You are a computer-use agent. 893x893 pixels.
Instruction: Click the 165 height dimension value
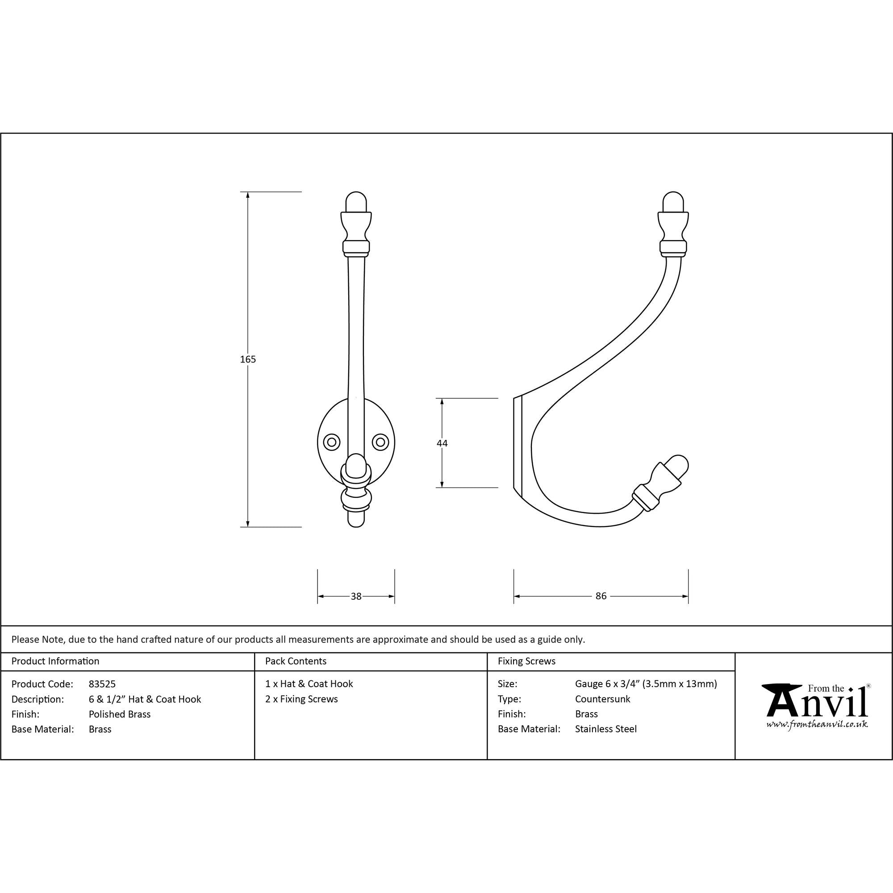[248, 359]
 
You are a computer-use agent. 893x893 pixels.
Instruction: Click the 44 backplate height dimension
[442, 443]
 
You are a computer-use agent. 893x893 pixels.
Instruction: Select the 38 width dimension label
[356, 596]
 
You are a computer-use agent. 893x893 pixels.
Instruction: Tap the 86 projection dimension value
[601, 596]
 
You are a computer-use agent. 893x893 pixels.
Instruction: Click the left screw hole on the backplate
[331, 442]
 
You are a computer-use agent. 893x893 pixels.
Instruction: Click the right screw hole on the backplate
[380, 442]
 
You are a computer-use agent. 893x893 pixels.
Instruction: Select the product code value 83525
[102, 684]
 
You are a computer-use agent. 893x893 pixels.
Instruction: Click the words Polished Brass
[120, 714]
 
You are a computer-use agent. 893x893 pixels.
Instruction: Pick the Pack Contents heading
[296, 661]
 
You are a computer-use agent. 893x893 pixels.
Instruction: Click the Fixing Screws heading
[526, 661]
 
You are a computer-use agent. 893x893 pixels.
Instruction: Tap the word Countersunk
[602, 699]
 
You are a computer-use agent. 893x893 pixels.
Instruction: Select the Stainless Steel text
[605, 729]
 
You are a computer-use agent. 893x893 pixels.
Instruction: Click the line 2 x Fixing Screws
[301, 699]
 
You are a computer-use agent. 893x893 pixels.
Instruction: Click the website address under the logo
[817, 724]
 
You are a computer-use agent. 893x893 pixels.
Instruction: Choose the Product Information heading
[55, 661]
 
